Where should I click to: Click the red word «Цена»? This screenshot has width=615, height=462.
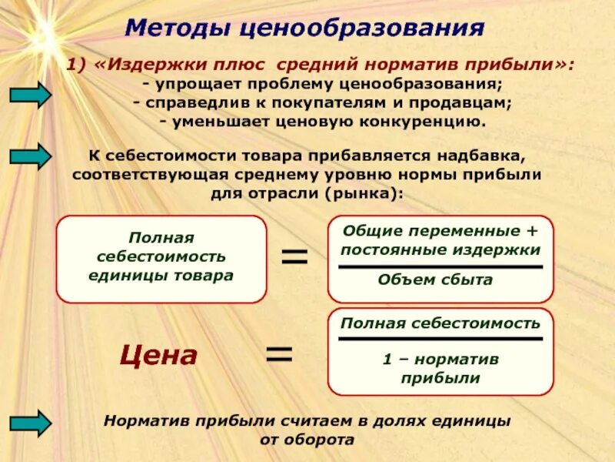pyautogui.click(x=158, y=355)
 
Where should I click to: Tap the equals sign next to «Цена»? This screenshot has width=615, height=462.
pyautogui.click(x=279, y=354)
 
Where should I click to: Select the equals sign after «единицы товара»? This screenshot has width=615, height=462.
pyautogui.click(x=294, y=256)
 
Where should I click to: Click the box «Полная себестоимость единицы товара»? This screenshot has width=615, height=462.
pyautogui.click(x=161, y=259)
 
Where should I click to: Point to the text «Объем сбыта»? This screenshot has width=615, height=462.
pyautogui.click(x=435, y=280)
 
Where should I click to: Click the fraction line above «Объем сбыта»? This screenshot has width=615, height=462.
pyautogui.click(x=440, y=266)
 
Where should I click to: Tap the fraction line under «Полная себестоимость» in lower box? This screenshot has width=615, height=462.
pyautogui.click(x=440, y=339)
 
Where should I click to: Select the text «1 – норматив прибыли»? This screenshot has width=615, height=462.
pyautogui.click(x=440, y=368)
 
